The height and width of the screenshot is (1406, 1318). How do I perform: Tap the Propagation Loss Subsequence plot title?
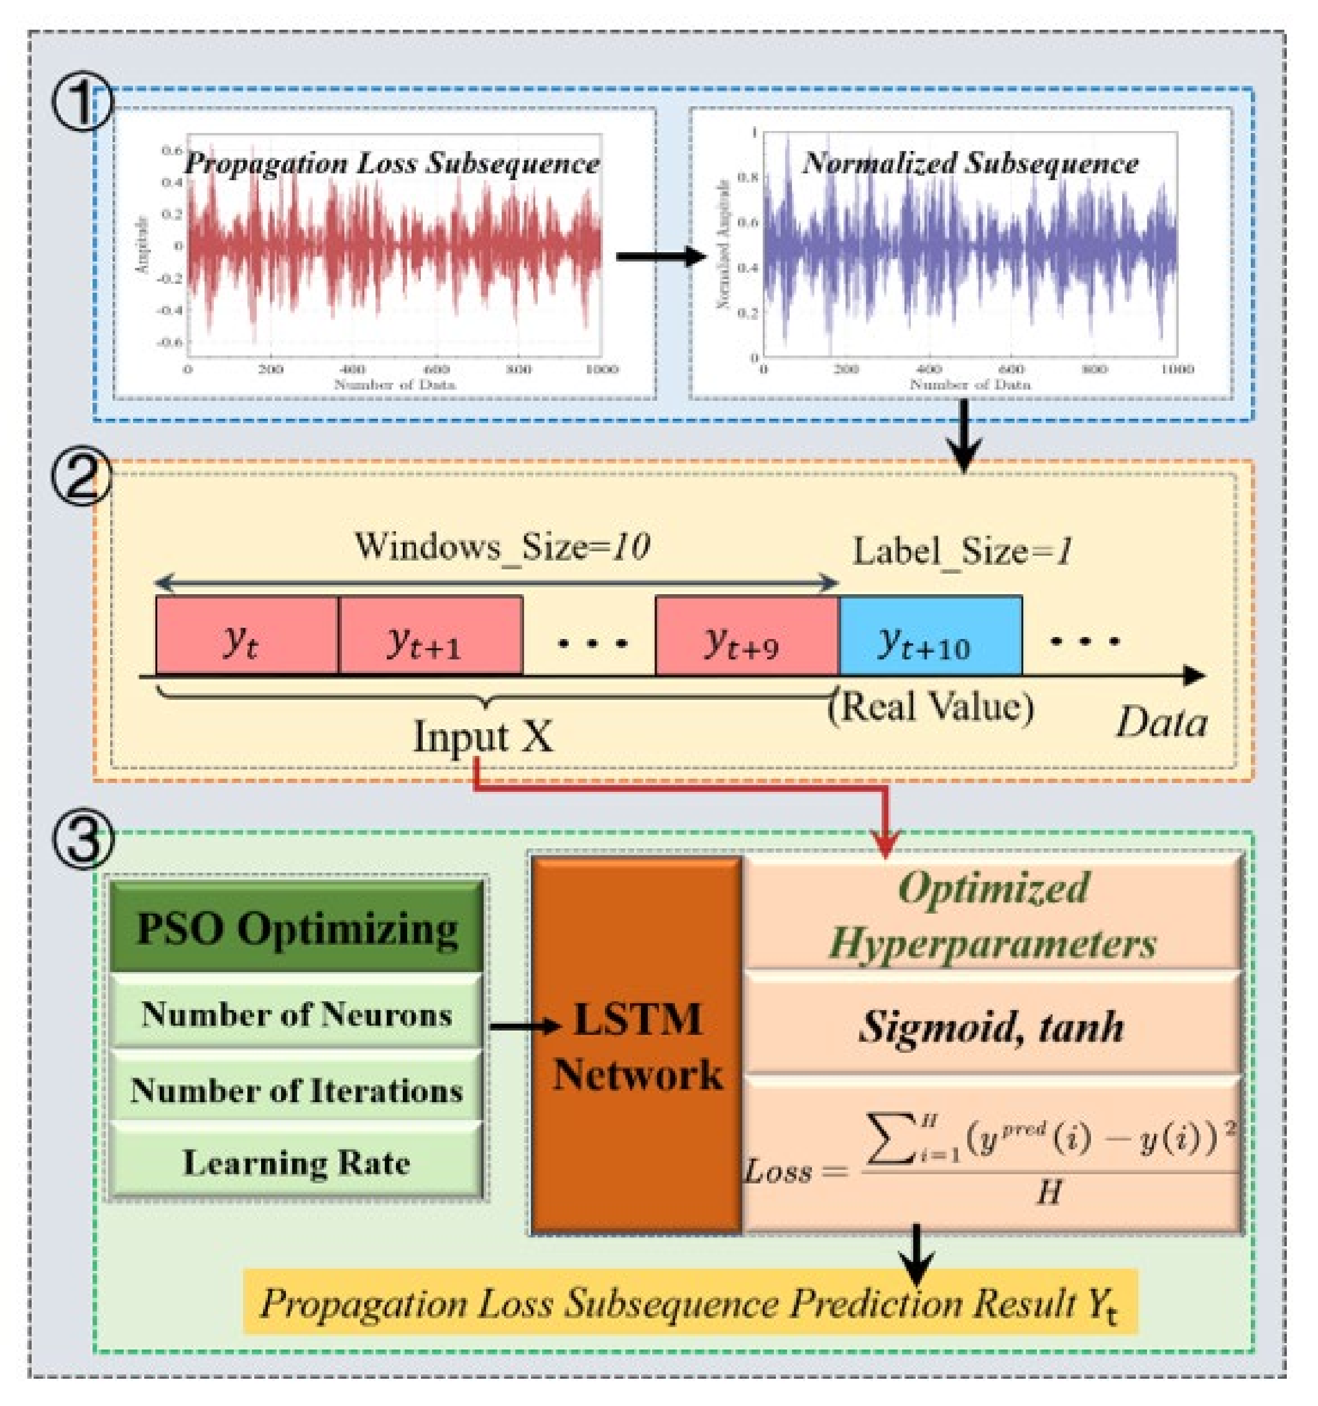tap(391, 164)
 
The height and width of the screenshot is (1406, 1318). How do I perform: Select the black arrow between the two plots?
tap(659, 256)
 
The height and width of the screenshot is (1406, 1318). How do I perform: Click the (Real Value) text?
tap(930, 706)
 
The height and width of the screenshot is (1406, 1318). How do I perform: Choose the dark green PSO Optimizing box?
tap(297, 929)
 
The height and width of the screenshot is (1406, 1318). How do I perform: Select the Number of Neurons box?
tap(297, 1014)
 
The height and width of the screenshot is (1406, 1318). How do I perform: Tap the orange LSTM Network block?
tap(636, 1047)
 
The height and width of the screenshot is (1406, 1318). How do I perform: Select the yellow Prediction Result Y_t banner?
tap(689, 1303)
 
